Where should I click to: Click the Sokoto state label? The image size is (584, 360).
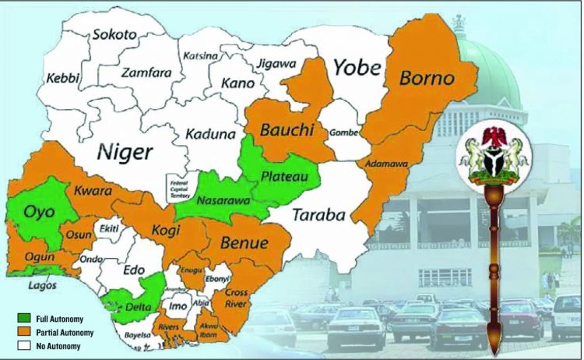(114, 34)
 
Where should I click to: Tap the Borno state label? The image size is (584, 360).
(427, 78)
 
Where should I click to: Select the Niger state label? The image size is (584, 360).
(124, 152)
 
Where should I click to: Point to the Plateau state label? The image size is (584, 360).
(281, 178)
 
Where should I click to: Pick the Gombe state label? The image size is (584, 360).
(344, 132)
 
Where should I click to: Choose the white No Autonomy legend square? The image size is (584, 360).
(23, 345)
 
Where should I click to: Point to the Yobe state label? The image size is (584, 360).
(358, 68)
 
